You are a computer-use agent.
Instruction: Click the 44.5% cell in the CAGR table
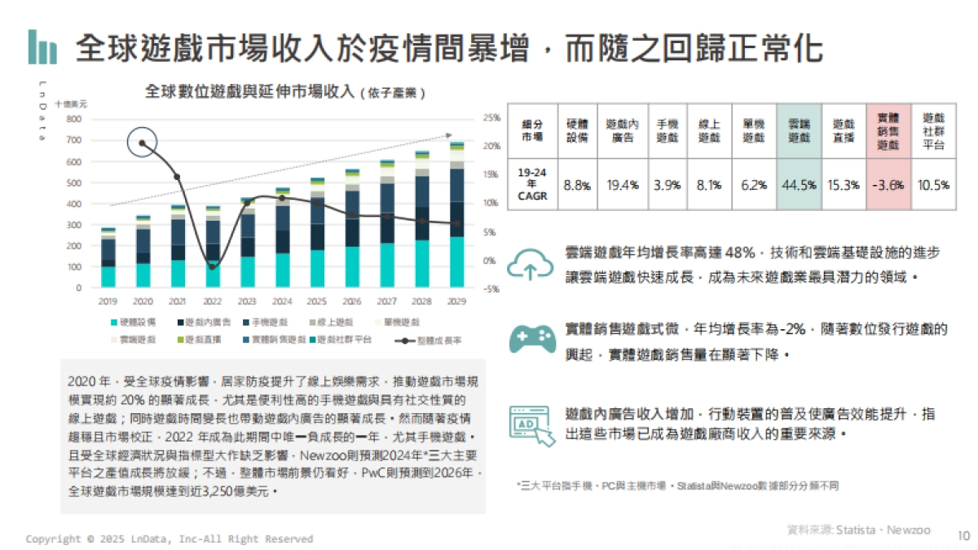(x=799, y=185)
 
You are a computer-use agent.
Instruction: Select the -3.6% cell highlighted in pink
(x=888, y=185)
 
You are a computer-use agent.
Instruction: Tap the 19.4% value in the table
(x=622, y=185)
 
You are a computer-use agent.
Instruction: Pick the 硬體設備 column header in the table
(x=577, y=131)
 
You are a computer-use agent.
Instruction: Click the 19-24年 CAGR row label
(x=531, y=184)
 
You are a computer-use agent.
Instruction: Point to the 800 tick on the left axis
(x=74, y=119)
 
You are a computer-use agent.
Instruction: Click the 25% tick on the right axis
(x=491, y=118)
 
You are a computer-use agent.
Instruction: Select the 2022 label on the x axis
(x=213, y=301)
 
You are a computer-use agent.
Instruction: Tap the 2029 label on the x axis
(x=457, y=301)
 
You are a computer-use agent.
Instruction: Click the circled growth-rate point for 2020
(x=143, y=143)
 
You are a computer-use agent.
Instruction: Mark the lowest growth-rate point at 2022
(x=213, y=266)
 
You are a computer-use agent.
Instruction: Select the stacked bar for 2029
(x=457, y=215)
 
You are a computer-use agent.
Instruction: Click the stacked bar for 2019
(x=108, y=258)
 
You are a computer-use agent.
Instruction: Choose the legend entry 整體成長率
(x=433, y=339)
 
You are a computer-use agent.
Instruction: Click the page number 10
(x=963, y=535)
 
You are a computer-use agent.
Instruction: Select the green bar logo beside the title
(x=42, y=47)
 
